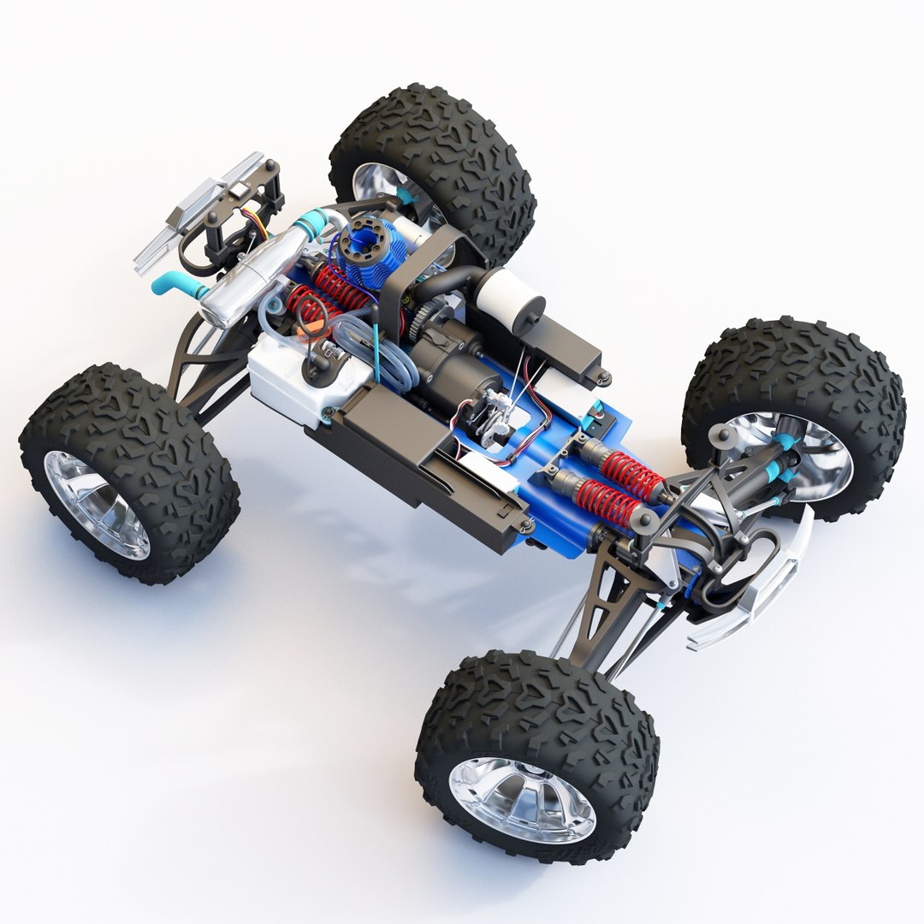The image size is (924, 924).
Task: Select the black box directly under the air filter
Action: coord(565,342)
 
